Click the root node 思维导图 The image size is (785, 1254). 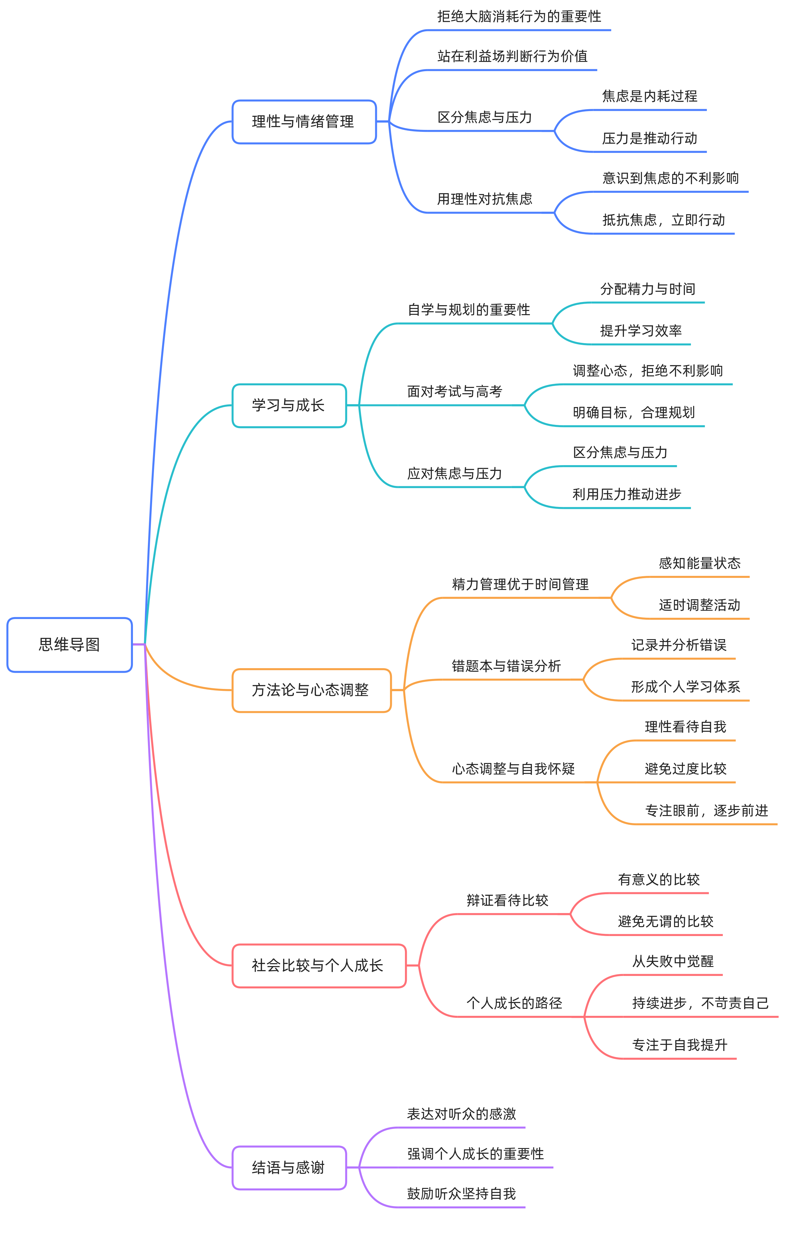click(70, 645)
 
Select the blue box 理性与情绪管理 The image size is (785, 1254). click(304, 122)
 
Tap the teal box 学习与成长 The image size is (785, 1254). click(289, 405)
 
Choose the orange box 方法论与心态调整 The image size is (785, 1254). click(311, 690)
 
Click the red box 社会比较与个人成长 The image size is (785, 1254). click(318, 966)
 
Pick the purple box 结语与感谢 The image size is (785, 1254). click(289, 1168)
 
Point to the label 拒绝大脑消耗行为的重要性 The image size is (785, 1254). click(519, 17)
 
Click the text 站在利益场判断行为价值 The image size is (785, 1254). click(512, 56)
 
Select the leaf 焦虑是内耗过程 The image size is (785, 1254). click(649, 96)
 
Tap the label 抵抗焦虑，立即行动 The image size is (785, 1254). click(664, 220)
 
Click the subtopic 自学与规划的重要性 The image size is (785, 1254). click(469, 310)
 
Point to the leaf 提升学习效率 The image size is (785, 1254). click(641, 330)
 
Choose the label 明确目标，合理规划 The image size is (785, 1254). click(634, 413)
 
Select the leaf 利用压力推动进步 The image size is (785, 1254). click(627, 494)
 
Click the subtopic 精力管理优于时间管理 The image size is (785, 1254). click(520, 584)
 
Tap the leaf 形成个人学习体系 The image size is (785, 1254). click(685, 687)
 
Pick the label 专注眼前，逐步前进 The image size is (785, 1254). click(706, 811)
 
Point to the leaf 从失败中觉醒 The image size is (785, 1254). click(673, 962)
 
